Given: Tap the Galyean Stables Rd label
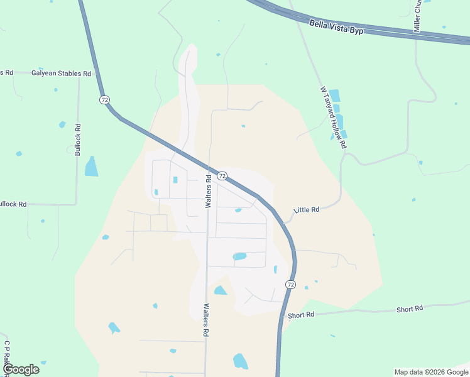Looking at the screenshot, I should point(61,74).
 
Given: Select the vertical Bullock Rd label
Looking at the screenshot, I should point(78,139).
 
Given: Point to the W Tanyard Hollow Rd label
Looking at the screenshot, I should point(333,117).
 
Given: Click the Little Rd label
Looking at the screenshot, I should point(307,209).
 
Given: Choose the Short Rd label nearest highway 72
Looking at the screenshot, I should point(301,315).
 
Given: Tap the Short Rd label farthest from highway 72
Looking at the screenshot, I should point(409,309).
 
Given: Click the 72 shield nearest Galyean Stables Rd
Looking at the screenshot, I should point(104,100).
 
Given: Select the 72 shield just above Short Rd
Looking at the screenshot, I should point(290,285).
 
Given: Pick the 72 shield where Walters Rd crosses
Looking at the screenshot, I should point(222,177).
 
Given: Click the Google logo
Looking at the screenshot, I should point(21,369).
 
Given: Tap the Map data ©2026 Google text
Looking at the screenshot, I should point(430,372).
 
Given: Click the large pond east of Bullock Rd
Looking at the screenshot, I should point(92,167).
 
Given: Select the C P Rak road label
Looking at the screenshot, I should point(6,355).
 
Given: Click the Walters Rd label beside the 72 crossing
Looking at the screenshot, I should point(208,192).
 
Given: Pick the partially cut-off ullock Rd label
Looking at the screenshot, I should point(13,204).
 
